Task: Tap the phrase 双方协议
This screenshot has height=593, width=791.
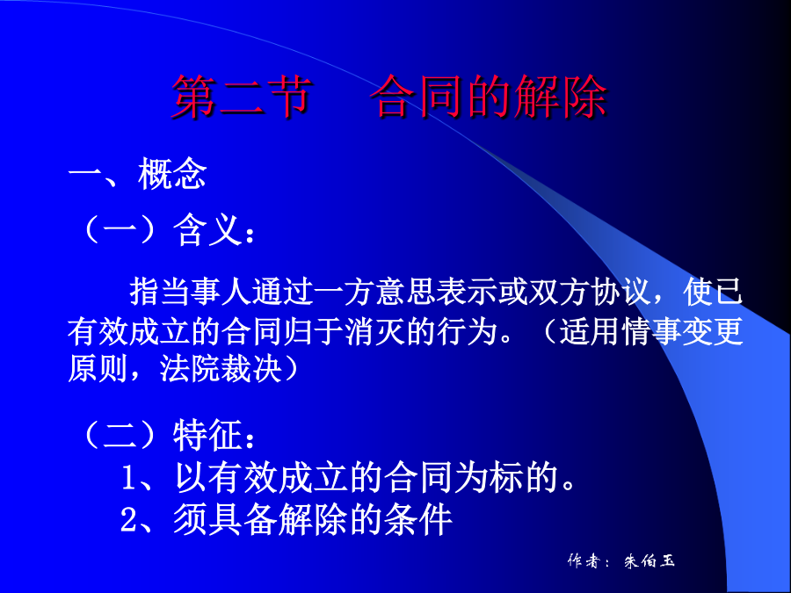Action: pos(588,292)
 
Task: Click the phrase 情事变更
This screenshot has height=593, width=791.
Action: pos(682,331)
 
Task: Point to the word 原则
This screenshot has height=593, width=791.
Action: pos(98,369)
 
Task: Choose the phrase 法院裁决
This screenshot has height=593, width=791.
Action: pos(221,369)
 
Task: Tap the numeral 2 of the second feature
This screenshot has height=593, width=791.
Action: pos(128,520)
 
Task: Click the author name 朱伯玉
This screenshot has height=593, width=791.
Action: pos(649,560)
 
